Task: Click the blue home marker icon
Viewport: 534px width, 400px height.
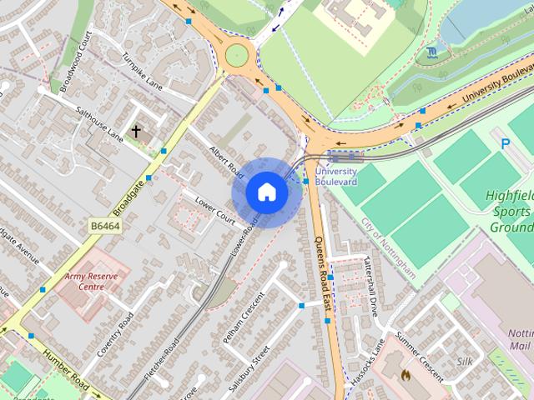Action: tap(266, 192)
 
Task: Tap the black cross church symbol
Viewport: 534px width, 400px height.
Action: tap(136, 131)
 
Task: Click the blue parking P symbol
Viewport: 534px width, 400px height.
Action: tap(505, 143)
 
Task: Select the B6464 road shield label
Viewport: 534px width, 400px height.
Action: tap(105, 225)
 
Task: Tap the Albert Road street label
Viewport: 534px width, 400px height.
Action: tap(224, 159)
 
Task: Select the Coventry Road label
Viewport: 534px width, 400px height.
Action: tap(115, 334)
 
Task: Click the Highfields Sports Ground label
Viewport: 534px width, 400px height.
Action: tap(508, 212)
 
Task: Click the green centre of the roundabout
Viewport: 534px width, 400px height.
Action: tap(237, 55)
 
